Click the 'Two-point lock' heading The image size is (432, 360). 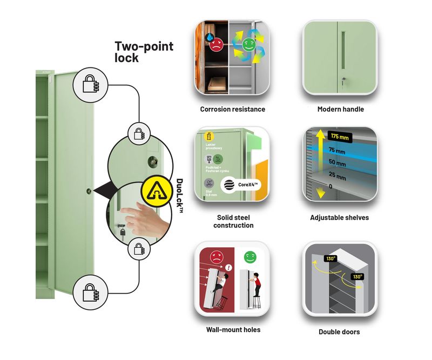tap(144, 51)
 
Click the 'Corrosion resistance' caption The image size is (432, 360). tap(232, 109)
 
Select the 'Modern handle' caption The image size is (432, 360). tap(340, 109)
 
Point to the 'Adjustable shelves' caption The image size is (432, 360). tap(340, 218)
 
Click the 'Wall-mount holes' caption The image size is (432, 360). tap(233, 329)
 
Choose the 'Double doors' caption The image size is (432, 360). tap(340, 332)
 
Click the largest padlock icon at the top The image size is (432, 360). tap(90, 84)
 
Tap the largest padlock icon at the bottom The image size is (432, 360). tap(90, 292)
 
